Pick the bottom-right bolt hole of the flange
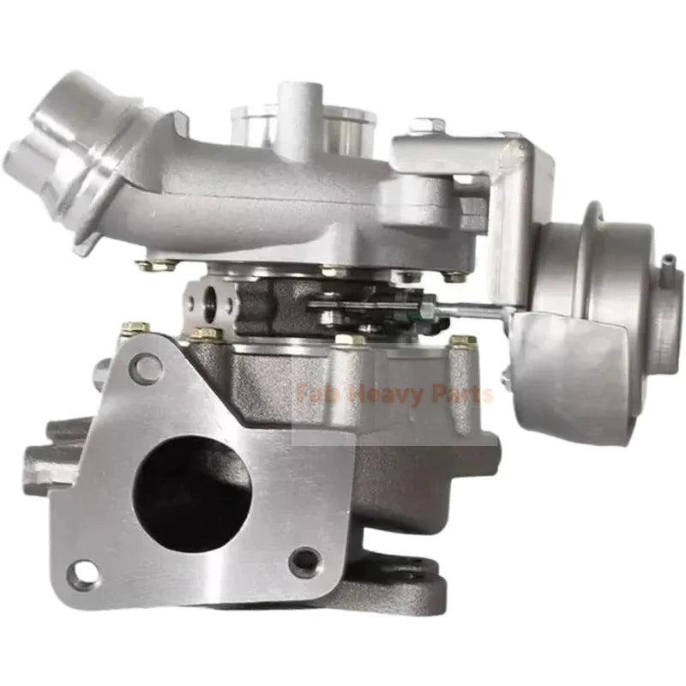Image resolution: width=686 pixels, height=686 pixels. pyautogui.click(x=304, y=562)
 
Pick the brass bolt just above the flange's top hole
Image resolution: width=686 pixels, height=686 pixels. pyautogui.click(x=135, y=329)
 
